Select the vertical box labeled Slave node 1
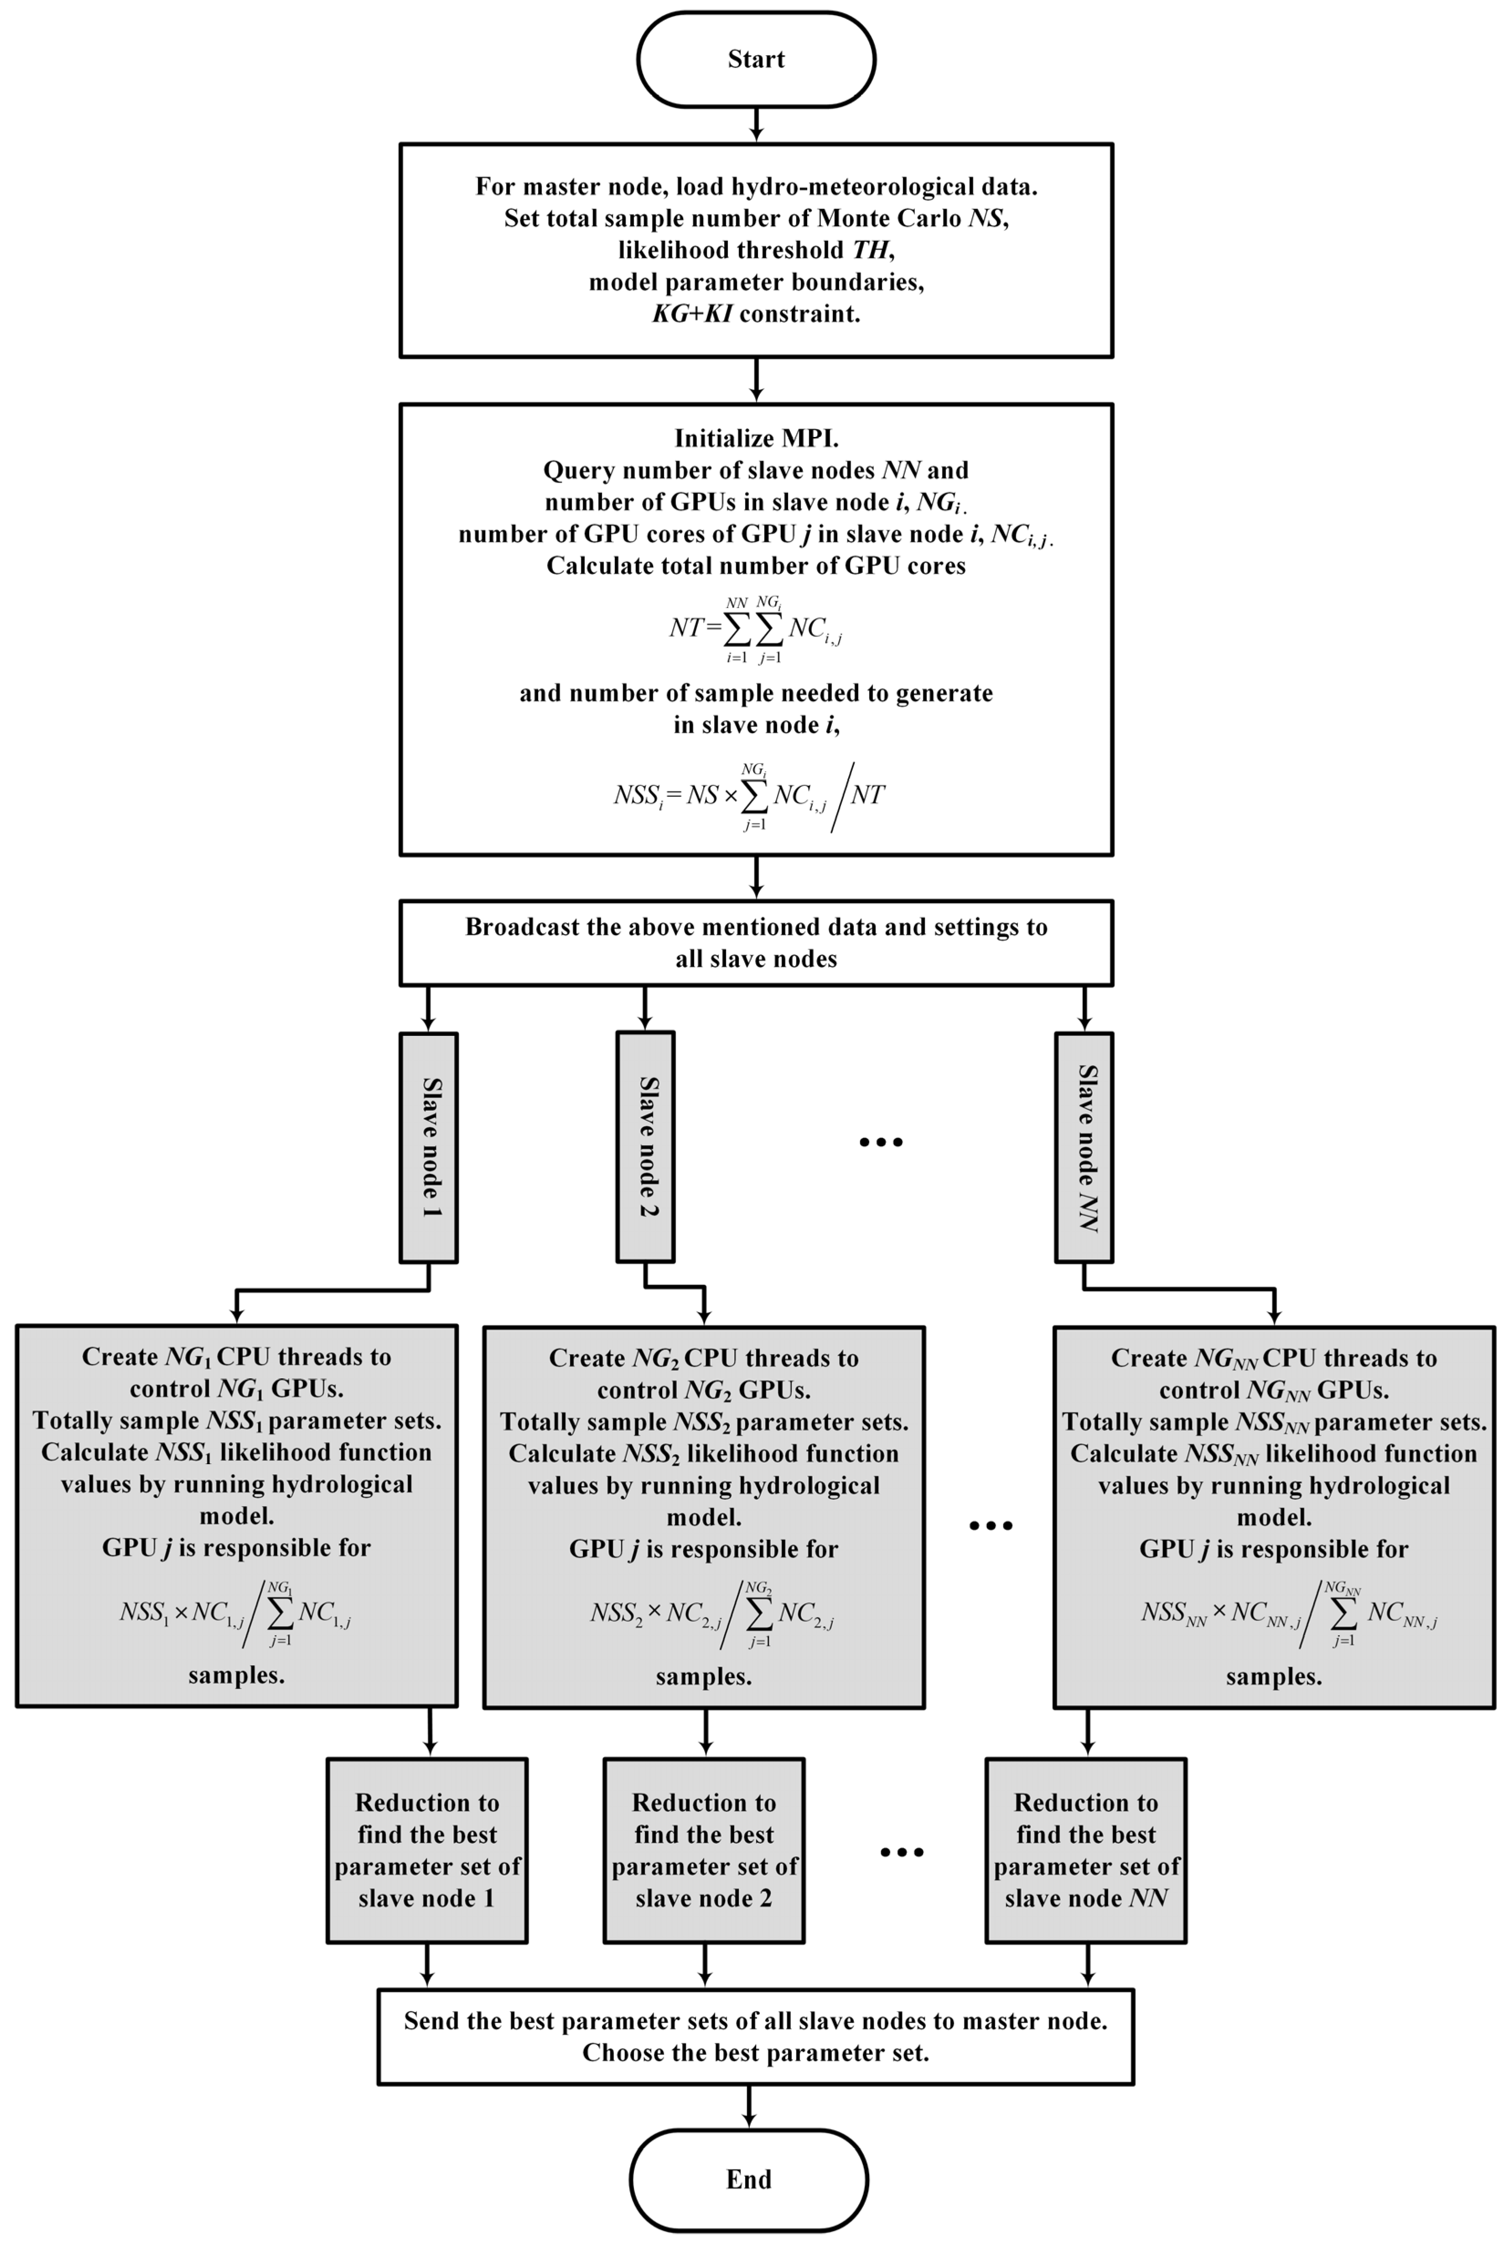click(429, 1146)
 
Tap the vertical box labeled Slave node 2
click(645, 1146)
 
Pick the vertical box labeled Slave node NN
click(1085, 1146)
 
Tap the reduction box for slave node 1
click(428, 1851)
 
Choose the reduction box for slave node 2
click(704, 1851)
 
